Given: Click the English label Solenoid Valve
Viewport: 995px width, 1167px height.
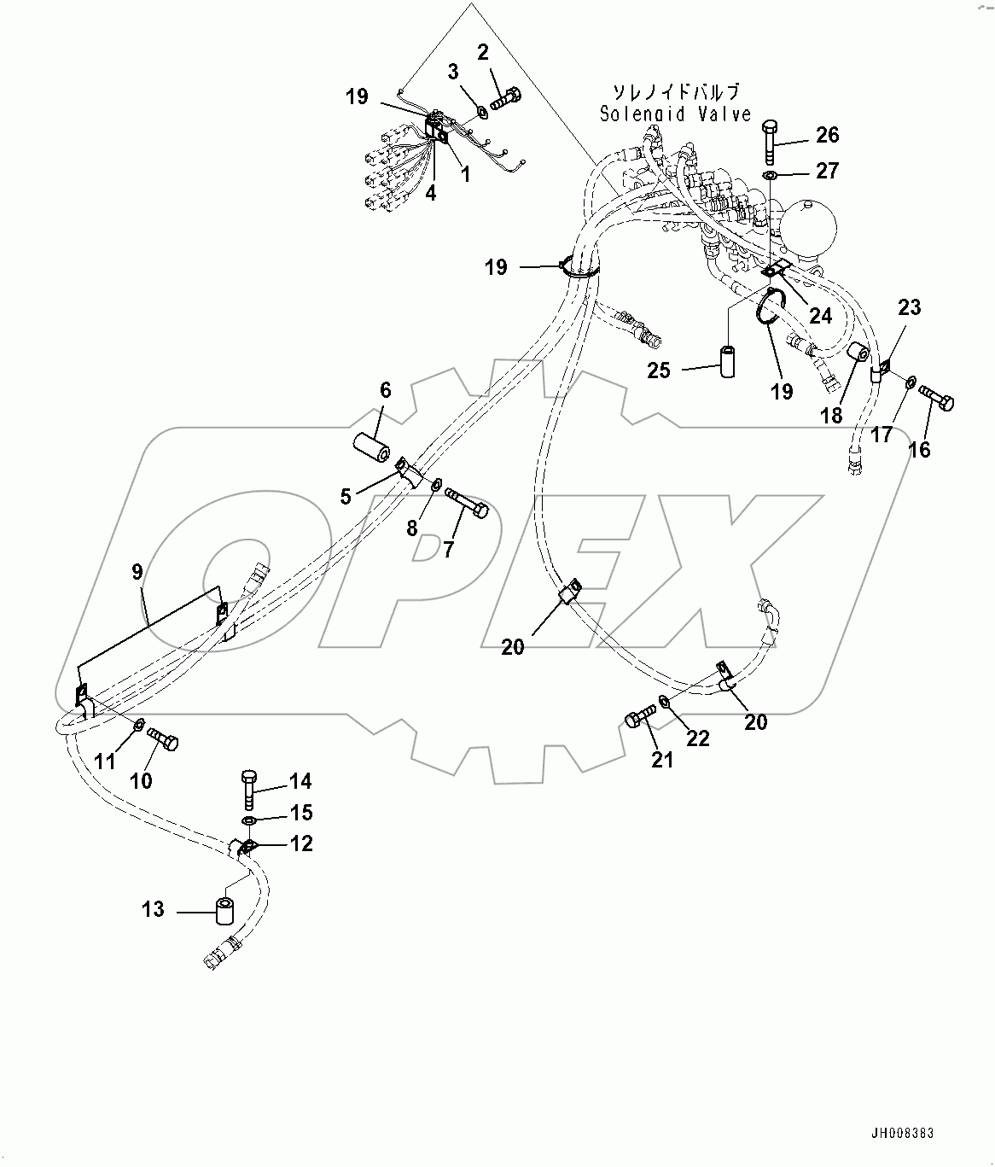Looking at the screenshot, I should (x=675, y=114).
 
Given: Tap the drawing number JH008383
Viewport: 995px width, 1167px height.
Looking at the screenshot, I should (x=902, y=1134).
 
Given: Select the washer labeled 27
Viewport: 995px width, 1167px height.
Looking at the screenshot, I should (x=770, y=176).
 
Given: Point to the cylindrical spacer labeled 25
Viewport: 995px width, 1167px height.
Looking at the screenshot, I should (x=729, y=360).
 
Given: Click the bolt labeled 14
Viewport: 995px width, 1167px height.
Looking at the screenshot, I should (x=249, y=789).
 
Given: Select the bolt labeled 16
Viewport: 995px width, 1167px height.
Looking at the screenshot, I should (x=936, y=398).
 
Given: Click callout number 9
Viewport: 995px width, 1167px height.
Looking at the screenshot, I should (x=137, y=571).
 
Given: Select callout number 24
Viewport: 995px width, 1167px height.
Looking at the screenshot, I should (x=820, y=316).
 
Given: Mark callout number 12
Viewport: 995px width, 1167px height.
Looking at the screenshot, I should (x=301, y=843).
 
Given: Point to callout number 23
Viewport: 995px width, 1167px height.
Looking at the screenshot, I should (x=910, y=307).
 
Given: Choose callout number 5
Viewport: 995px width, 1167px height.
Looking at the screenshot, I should (x=346, y=496).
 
